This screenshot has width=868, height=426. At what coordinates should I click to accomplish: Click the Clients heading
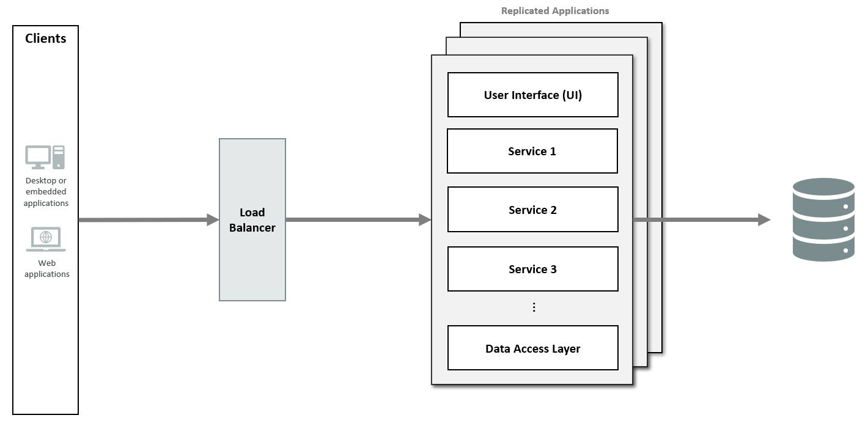[45, 39]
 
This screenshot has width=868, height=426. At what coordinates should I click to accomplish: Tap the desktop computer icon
[45, 157]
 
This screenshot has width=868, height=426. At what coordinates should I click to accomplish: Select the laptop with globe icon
[46, 239]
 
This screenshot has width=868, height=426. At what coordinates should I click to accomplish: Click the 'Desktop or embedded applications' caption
[46, 191]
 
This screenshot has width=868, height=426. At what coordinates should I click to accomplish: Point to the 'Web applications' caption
[47, 268]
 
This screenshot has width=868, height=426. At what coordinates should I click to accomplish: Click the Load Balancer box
[252, 219]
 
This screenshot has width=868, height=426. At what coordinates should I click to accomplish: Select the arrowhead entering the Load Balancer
[213, 220]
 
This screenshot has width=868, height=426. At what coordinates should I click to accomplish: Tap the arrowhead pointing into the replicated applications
[425, 220]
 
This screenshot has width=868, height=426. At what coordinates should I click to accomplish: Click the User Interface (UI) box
[533, 95]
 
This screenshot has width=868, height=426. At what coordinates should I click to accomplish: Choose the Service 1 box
[532, 151]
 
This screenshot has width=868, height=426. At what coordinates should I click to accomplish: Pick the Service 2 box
[533, 209]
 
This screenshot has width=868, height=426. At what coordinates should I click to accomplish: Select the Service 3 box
[533, 269]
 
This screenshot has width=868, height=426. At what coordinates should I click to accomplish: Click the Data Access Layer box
[533, 348]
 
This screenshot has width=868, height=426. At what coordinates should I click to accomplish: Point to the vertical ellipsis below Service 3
[534, 307]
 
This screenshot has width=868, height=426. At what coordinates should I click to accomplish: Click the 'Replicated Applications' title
[555, 11]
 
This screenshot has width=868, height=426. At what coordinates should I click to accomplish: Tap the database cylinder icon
[823, 219]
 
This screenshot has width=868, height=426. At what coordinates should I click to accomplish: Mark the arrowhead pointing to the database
[764, 220]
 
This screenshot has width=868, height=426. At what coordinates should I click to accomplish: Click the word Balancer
[252, 227]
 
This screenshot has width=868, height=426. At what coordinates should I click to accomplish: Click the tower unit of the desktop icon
[59, 157]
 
